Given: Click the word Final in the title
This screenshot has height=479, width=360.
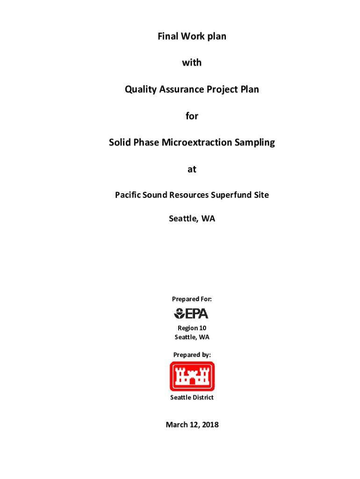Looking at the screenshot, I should pyautogui.click(x=168, y=36).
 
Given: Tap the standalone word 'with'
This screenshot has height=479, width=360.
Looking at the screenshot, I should pyautogui.click(x=192, y=62).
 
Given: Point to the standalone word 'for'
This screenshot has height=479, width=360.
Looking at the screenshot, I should pyautogui.click(x=192, y=116).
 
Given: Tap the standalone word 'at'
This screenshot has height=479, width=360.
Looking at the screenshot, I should pyautogui.click(x=192, y=169).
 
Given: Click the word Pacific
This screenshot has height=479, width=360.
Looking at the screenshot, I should pyautogui.click(x=129, y=195).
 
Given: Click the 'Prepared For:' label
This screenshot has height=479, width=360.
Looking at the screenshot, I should pyautogui.click(x=192, y=299).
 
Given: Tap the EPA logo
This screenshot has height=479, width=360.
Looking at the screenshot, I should pyautogui.click(x=191, y=313).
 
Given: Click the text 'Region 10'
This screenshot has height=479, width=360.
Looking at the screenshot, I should pyautogui.click(x=192, y=328).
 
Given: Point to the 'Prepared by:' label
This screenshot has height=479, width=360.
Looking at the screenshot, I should pyautogui.click(x=192, y=355).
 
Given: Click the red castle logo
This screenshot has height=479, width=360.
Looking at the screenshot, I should pyautogui.click(x=192, y=376).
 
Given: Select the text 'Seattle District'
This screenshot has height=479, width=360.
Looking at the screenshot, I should pyautogui.click(x=192, y=397).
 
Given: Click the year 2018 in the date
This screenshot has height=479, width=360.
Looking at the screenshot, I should pyautogui.click(x=209, y=425).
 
